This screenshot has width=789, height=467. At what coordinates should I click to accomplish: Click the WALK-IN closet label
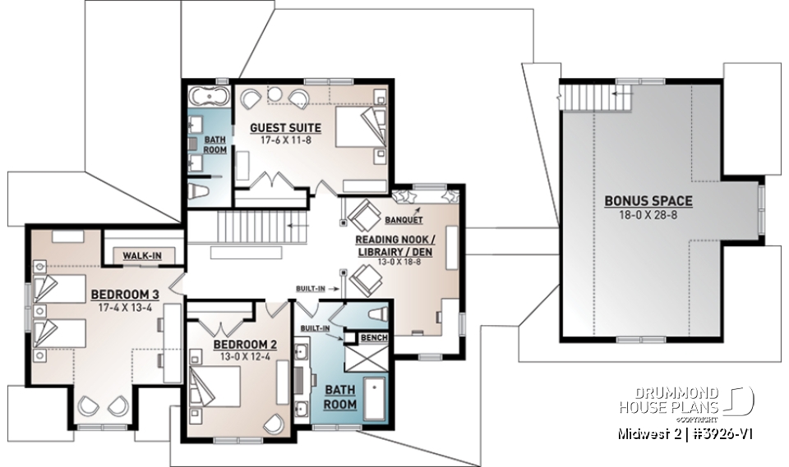coord(142,256)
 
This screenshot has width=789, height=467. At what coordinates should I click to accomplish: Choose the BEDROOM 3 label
coord(125,294)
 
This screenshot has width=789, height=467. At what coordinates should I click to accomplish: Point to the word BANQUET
coord(403,220)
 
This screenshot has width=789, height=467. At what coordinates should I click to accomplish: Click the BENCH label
coord(378,338)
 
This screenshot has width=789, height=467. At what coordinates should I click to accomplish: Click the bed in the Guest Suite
coord(358,127)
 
